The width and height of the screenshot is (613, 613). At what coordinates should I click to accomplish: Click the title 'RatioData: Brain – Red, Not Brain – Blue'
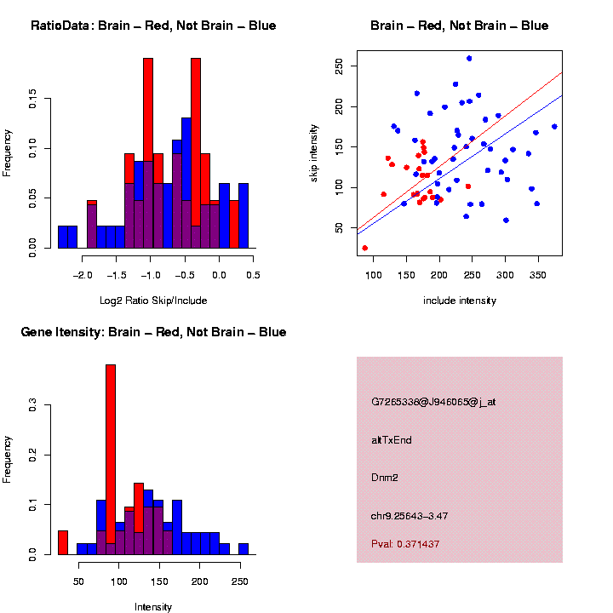(153, 26)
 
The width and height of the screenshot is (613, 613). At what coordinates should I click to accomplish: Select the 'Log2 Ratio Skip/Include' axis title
(153, 300)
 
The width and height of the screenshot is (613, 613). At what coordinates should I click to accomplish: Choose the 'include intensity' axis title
(460, 300)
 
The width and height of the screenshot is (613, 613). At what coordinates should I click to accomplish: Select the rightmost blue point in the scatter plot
(554, 127)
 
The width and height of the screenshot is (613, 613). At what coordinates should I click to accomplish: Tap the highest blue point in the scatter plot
(469, 59)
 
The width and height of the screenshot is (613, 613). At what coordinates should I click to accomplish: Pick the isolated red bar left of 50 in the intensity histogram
(62, 542)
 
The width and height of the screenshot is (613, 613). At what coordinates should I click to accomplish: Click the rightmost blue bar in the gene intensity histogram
(243, 549)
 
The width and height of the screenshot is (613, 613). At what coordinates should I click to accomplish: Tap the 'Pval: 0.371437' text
(405, 543)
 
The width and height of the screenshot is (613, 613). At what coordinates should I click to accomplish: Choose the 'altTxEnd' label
(392, 439)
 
